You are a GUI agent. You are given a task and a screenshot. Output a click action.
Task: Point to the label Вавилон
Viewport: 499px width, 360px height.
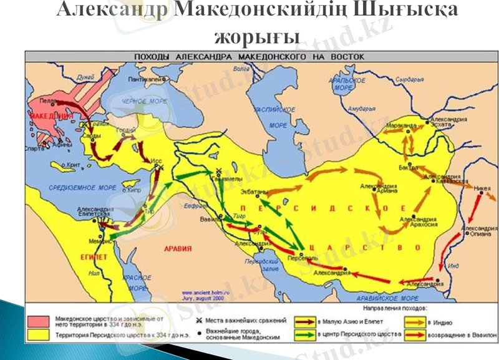(210, 219)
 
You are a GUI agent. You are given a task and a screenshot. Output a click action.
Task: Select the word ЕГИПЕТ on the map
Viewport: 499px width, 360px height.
(92, 256)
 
